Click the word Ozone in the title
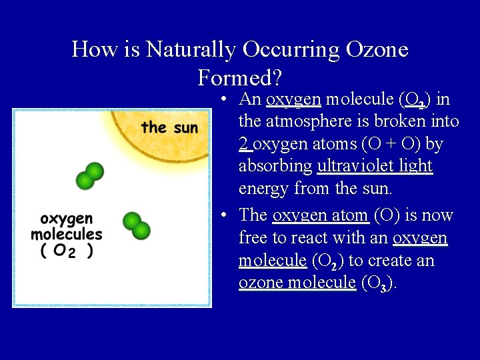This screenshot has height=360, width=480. [x=377, y=49]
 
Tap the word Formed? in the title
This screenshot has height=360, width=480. [x=240, y=78]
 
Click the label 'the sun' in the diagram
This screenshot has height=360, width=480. [x=169, y=127]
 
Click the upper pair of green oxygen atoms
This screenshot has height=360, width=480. [x=90, y=175]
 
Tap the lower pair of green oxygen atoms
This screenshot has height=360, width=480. [x=137, y=225]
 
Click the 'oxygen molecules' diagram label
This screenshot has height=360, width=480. [x=67, y=227]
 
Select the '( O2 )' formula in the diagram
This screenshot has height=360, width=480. [x=66, y=251]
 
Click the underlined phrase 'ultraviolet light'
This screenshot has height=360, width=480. [x=375, y=166]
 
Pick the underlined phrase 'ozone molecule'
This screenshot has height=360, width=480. [x=297, y=283]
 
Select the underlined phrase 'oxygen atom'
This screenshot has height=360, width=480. [x=321, y=215]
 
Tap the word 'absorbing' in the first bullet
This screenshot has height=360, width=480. [x=275, y=166]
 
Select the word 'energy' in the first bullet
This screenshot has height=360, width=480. [x=264, y=189]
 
